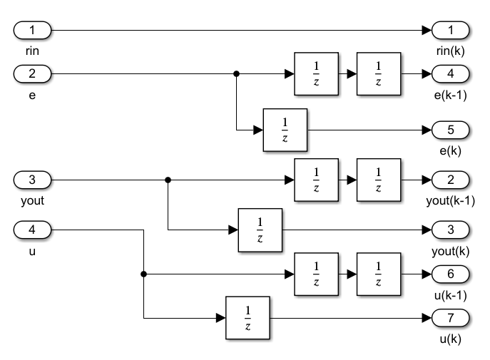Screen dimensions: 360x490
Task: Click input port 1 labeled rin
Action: click(x=31, y=31)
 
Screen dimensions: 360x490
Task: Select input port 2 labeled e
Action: click(x=31, y=73)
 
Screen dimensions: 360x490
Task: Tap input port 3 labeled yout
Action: click(x=31, y=180)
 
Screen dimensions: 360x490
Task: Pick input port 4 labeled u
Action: click(x=31, y=230)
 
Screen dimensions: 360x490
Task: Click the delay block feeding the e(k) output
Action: click(x=285, y=130)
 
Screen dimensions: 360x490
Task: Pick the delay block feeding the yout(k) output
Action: click(x=260, y=230)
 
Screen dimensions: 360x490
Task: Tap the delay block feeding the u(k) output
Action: click(x=247, y=317)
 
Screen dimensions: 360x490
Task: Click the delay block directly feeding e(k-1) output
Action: click(x=378, y=73)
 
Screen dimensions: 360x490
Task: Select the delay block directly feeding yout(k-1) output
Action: click(x=378, y=180)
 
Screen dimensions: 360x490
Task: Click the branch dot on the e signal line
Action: click(x=236, y=73)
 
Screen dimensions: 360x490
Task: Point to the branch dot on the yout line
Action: click(x=168, y=180)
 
